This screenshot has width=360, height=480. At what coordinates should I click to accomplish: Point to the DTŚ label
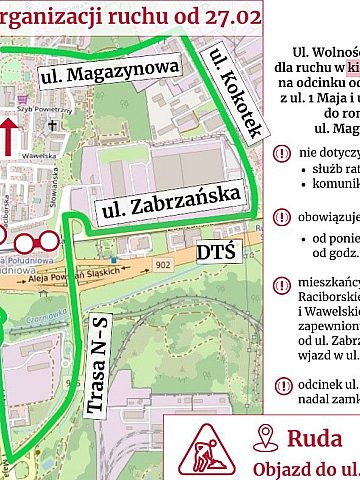[216, 250]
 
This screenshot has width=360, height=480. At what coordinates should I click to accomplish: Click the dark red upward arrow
[9, 136]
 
